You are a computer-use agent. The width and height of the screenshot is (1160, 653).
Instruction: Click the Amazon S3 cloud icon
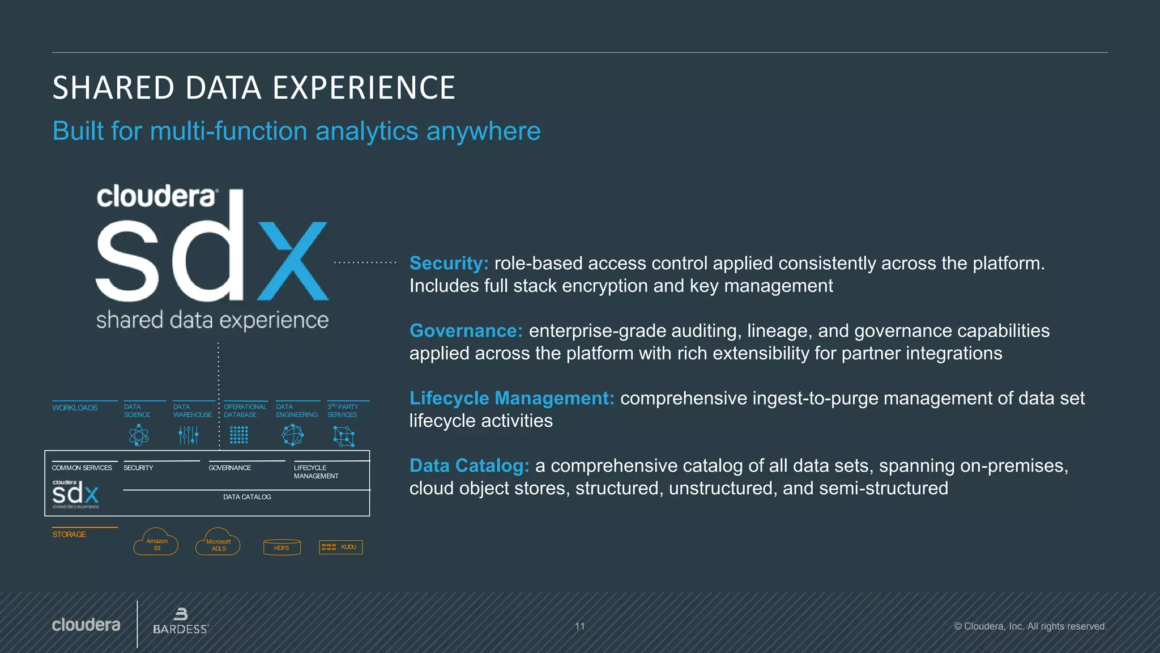(156, 542)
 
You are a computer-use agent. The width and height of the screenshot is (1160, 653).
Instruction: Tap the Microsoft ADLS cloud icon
(218, 543)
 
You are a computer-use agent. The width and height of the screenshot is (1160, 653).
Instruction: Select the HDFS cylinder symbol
(282, 547)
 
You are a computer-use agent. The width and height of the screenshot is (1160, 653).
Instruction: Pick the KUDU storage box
(341, 547)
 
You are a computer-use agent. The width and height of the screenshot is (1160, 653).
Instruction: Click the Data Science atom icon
(138, 435)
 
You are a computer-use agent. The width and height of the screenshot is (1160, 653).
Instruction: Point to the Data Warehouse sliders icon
(188, 435)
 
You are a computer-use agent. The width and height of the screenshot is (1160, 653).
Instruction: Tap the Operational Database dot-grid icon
(239, 435)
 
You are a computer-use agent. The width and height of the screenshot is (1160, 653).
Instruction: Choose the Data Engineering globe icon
(292, 435)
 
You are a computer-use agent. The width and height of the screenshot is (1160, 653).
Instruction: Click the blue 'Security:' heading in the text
(449, 263)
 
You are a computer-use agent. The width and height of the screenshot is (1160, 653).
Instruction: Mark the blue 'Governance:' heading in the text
(466, 330)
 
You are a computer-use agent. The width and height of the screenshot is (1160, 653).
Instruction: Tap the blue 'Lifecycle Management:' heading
(511, 398)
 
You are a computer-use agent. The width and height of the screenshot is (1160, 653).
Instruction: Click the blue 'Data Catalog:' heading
(469, 465)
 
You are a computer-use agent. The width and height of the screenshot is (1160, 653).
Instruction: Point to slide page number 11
(580, 626)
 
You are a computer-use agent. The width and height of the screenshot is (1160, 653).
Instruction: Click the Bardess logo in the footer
(181, 622)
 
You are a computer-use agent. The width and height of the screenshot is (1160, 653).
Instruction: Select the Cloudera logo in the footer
(86, 625)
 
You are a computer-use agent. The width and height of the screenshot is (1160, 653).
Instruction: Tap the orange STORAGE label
(69, 535)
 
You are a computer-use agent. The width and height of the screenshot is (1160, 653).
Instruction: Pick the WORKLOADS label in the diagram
(75, 408)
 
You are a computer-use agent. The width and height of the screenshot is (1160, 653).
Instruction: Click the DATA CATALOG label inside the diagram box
(247, 497)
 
